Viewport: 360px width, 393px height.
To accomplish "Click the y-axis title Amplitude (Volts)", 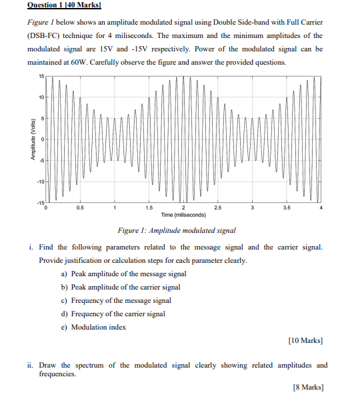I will coord(31,139).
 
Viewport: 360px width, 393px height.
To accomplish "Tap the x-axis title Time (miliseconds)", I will coord(183,215).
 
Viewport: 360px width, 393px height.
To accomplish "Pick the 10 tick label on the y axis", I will coord(40,97).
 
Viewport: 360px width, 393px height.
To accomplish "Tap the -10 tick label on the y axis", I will coord(39,181).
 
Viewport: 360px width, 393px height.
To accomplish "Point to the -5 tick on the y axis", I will coord(41,160).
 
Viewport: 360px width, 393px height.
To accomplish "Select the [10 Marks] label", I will coord(306,340).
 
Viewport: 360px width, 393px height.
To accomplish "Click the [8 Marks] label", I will coord(308,387).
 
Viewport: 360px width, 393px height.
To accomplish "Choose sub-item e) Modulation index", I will coord(98,327).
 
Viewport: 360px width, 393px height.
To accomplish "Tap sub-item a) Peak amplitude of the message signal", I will coord(123,274).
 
